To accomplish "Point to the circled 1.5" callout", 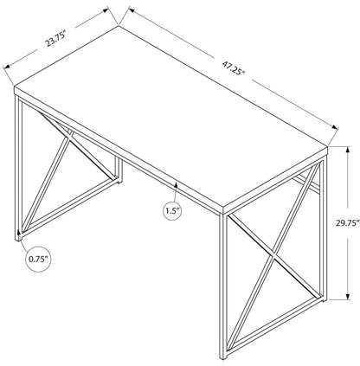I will tap(172, 211).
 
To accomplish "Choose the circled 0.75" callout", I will tap(37, 257).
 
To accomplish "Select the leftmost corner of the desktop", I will tap(16, 87).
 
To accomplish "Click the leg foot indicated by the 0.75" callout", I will tap(19, 232).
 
